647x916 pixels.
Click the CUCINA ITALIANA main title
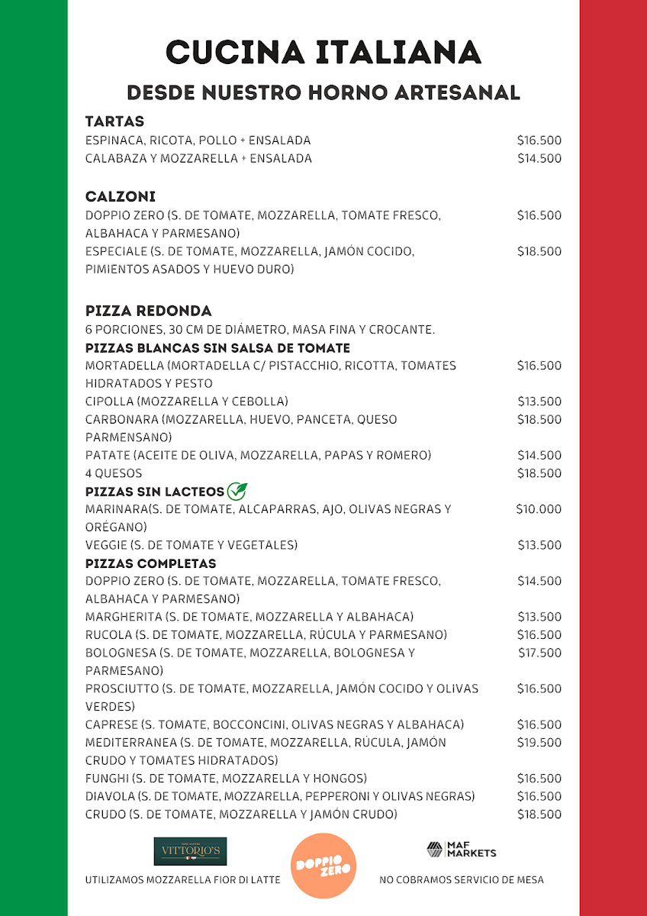coord(323,53)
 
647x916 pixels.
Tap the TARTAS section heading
coord(114,121)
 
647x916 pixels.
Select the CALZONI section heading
coord(121,197)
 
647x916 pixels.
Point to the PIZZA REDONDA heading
coord(149,311)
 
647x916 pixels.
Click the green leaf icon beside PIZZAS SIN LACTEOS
coord(237,492)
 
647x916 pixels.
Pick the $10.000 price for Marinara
coord(539,509)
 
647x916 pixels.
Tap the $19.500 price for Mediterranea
coord(539,743)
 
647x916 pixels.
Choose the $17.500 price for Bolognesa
coord(539,653)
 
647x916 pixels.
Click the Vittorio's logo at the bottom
coord(190,850)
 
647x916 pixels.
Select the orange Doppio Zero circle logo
coord(323,866)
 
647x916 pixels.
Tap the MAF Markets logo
coord(461,850)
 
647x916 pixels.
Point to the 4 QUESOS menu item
coord(114,473)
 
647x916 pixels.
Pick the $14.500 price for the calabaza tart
coord(539,159)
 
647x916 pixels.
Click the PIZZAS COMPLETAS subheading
coord(151,563)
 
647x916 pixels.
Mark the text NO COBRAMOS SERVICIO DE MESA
coord(462,880)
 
